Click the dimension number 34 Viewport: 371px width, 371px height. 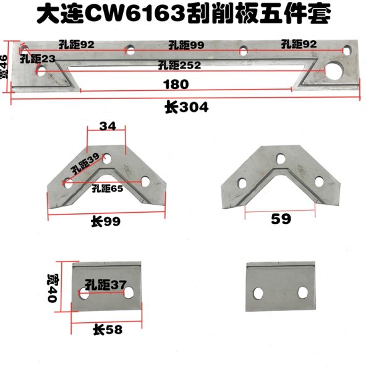pos(108,127)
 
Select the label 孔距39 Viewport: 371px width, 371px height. pos(85,164)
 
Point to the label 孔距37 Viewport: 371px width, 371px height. pos(106,285)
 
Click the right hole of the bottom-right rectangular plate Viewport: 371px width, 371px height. pos(303,291)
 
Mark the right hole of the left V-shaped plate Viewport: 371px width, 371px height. pos(146,181)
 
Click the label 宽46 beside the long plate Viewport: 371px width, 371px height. pos(6,66)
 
